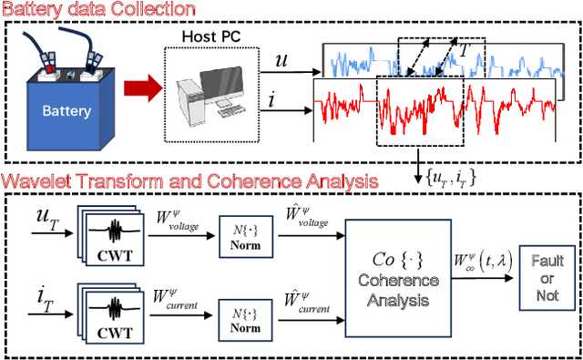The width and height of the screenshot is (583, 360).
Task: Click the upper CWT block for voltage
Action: (116, 231)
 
